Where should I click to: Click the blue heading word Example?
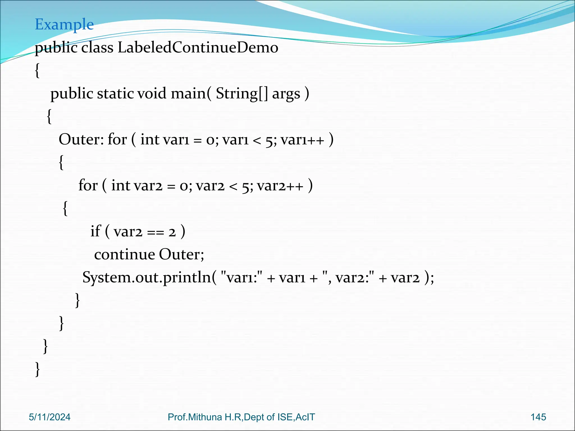(64, 24)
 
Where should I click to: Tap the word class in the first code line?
(97, 47)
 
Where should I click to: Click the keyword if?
(95, 231)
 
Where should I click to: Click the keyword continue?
(124, 255)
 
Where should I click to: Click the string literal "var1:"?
(241, 278)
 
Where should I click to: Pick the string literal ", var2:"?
(348, 278)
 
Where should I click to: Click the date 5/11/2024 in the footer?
(50, 417)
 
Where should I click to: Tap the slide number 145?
(538, 417)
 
